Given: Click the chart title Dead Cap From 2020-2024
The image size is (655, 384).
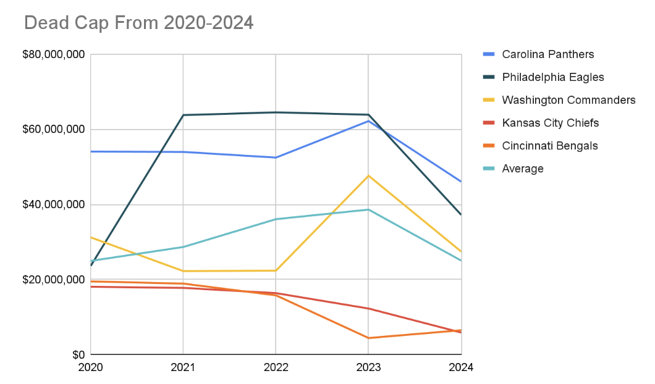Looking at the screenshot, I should (x=138, y=23).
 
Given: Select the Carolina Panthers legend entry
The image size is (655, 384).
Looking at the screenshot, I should (x=547, y=54).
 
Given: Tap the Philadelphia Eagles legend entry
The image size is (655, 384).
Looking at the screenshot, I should (x=552, y=77).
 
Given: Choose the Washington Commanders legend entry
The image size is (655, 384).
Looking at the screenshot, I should (x=568, y=100).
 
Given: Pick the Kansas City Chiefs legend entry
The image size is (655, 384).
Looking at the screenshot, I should (x=550, y=123).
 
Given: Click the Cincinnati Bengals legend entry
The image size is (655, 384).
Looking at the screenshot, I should (x=549, y=146).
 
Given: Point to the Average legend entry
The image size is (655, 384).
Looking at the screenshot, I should (x=523, y=169).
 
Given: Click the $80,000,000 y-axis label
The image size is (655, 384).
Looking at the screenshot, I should (x=54, y=55).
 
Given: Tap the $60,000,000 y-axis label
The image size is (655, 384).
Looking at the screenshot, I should (x=54, y=130).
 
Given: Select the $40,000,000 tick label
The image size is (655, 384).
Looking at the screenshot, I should (x=54, y=205).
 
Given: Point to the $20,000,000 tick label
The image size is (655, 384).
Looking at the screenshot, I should (x=54, y=280).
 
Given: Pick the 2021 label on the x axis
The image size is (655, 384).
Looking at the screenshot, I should (x=183, y=367).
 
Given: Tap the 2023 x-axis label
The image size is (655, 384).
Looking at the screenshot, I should (x=368, y=367).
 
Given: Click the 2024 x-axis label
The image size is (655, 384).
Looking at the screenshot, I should (x=460, y=367).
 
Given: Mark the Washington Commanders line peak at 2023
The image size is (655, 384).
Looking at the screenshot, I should (x=368, y=176).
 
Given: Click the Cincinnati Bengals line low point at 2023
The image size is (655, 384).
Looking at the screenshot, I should (x=368, y=338).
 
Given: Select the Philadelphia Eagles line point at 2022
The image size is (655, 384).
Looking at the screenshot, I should (x=276, y=112).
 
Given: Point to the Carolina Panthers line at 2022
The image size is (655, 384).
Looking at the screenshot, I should (x=276, y=157).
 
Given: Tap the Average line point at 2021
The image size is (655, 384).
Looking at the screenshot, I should (x=183, y=247).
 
